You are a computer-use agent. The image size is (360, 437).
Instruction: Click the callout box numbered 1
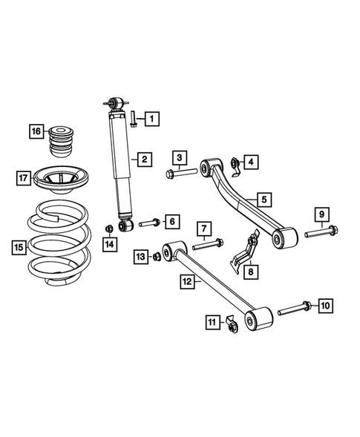click(x=152, y=118)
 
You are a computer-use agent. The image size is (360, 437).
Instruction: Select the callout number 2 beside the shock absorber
click(x=144, y=158)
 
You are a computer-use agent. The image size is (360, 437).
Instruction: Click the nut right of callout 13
click(x=157, y=257)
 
